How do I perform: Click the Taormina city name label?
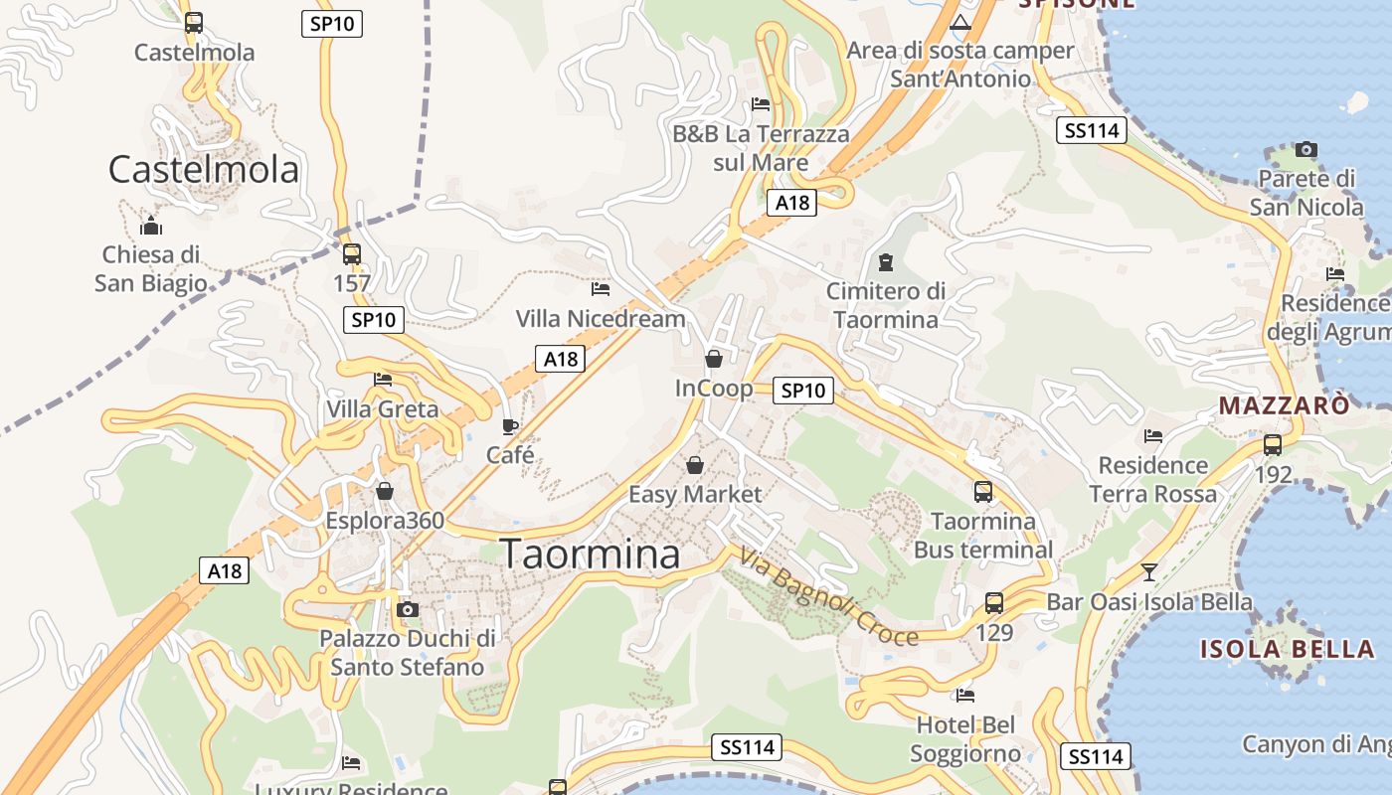click(590, 554)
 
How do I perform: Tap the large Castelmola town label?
click(203, 169)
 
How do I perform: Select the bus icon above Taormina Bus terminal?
click(982, 491)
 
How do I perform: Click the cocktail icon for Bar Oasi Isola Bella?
click(1149, 571)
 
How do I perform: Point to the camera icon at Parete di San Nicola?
click(1305, 150)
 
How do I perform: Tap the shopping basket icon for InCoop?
click(713, 359)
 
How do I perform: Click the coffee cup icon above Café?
click(509, 427)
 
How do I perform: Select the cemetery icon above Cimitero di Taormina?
click(885, 262)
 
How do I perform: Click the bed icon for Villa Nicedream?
click(600, 289)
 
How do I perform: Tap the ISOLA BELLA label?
click(1287, 650)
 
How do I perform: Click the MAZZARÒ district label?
click(1284, 405)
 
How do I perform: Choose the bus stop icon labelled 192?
click(1272, 444)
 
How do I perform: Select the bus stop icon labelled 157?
click(351, 254)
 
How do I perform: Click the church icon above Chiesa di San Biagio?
click(150, 225)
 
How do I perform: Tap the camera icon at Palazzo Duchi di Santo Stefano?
click(407, 609)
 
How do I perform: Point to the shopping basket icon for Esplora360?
click(385, 491)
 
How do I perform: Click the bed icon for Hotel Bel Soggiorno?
click(964, 695)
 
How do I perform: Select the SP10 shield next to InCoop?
click(802, 391)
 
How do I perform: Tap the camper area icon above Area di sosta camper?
click(959, 22)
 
